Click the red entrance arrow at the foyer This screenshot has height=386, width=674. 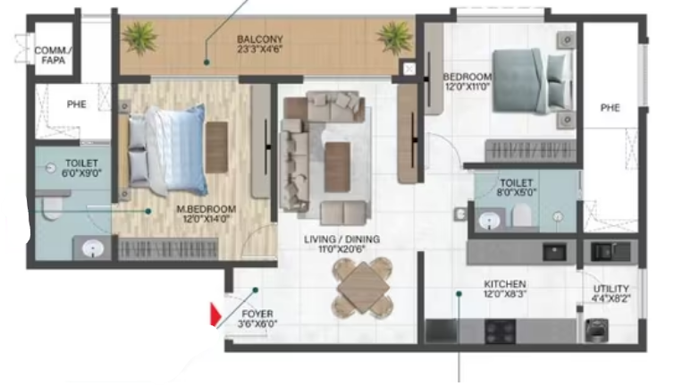(215, 315)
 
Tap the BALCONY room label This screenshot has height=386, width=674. (259, 39)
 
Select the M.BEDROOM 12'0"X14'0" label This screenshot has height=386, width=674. (206, 214)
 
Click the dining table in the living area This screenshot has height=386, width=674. (362, 288)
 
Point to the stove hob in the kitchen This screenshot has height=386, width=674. (501, 331)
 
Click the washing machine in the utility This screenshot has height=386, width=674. (597, 330)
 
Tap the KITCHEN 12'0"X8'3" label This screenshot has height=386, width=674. (505, 289)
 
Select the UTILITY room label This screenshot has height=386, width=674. (611, 289)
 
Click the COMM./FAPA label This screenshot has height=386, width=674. (54, 56)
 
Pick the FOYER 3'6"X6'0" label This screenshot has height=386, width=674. (257, 318)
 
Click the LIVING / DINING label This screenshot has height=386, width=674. (341, 239)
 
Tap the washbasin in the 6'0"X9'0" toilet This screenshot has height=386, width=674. (92, 248)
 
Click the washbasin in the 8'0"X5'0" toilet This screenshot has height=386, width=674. (489, 222)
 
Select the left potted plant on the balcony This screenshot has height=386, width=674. (139, 38)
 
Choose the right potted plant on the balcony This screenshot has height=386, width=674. (394, 38)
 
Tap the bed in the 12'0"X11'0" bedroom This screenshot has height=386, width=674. (534, 81)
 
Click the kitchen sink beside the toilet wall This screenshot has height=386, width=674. (554, 253)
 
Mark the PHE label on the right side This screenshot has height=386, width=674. (610, 108)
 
